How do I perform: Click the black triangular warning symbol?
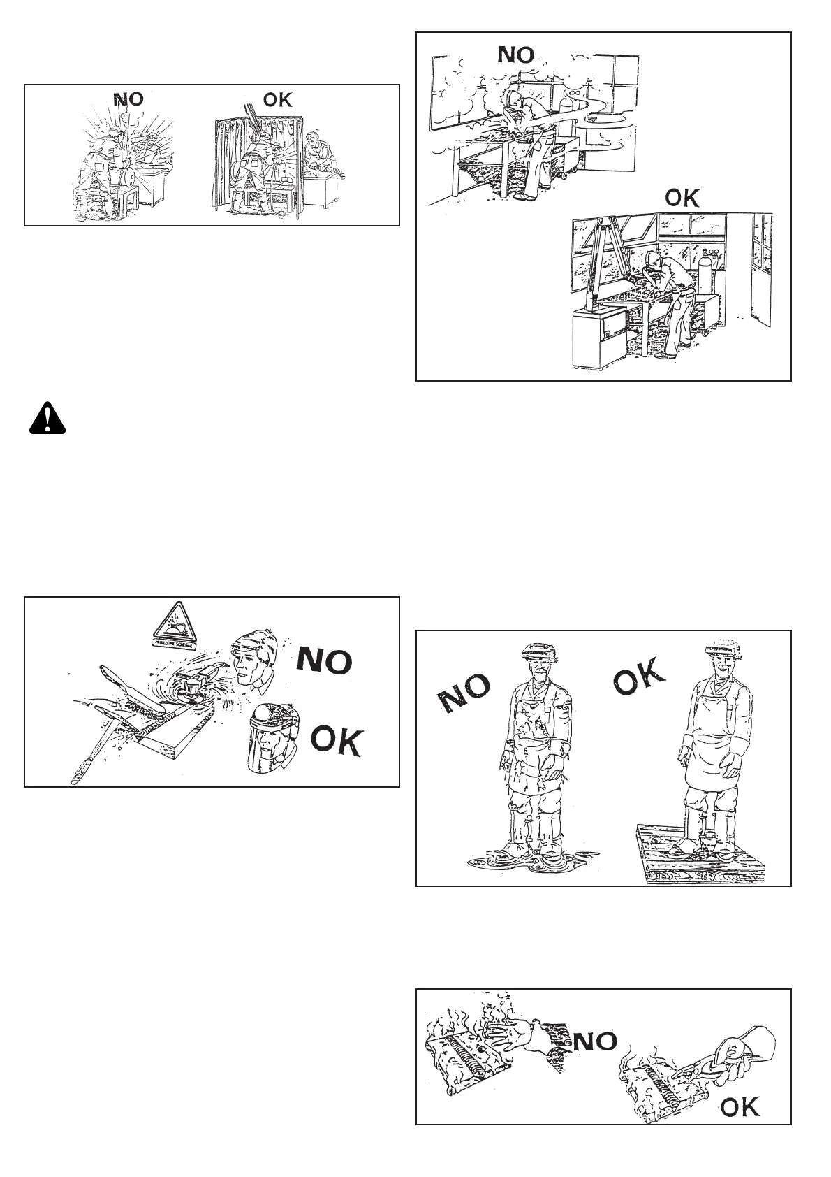(x=47, y=419)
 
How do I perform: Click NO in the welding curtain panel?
(x=128, y=99)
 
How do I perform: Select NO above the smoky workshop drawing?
(x=515, y=55)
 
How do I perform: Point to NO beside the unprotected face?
(x=324, y=661)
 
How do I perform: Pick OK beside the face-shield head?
(x=337, y=741)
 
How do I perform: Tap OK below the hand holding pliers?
(x=740, y=1106)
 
